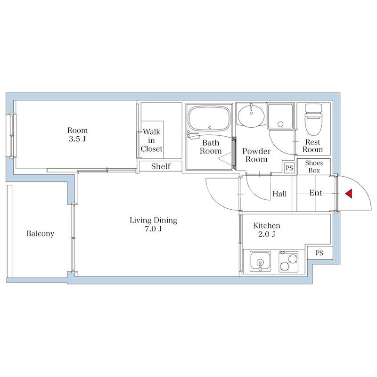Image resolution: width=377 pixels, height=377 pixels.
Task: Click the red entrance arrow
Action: click(349, 193)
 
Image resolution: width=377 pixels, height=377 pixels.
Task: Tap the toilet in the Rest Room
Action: click(313, 119)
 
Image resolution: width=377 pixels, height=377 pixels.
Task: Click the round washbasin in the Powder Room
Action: click(251, 115)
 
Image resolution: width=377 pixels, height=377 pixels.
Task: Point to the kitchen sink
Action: click(260, 262)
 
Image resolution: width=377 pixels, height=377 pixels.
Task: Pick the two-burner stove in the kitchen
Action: click(288, 262)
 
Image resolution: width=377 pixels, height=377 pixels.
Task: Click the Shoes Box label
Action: click(314, 167)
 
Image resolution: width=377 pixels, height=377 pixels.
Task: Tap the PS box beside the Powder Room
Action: click(289, 168)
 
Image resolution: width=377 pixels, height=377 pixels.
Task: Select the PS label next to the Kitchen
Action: click(320, 253)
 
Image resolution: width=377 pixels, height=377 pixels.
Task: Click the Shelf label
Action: click(161, 166)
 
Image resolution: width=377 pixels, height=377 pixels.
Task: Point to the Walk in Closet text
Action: click(151, 140)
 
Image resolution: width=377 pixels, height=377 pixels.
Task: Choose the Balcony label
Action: click(40, 233)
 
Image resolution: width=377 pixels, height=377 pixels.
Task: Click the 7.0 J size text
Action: click(154, 229)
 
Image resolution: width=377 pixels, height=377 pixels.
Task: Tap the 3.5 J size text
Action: click(77, 139)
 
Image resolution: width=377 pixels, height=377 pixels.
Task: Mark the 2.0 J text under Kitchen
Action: click(267, 234)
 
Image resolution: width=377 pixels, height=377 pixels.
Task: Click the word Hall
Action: click(279, 194)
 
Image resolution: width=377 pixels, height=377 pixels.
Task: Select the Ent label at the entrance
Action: click(315, 193)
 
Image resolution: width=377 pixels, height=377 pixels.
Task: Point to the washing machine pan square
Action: click(280, 116)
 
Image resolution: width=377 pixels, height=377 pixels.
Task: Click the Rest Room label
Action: click(313, 146)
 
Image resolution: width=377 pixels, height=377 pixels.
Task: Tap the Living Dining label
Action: click(154, 220)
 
